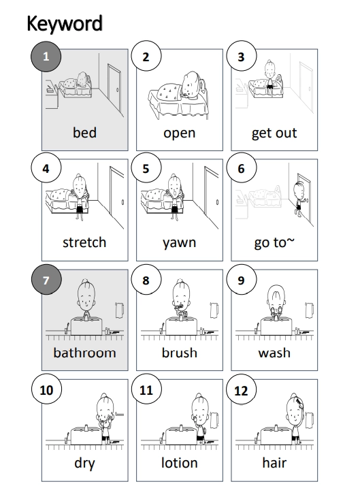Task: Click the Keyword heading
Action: coord(65,24)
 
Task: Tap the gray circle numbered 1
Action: coord(46,56)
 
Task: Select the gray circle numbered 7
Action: coord(46,280)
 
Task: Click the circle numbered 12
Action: coord(241,390)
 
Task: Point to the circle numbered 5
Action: coord(146,168)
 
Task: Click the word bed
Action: coord(84,132)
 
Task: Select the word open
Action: coord(180,133)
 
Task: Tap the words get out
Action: coord(274,133)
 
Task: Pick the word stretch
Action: coord(84,242)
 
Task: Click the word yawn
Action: coord(180,243)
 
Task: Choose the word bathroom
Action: coord(84,353)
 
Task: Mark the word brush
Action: coord(180,353)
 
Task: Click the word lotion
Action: coord(180,462)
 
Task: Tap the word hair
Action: coord(274,462)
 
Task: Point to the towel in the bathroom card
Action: coord(120,310)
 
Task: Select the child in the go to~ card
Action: coord(299,198)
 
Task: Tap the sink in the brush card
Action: coord(181,326)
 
